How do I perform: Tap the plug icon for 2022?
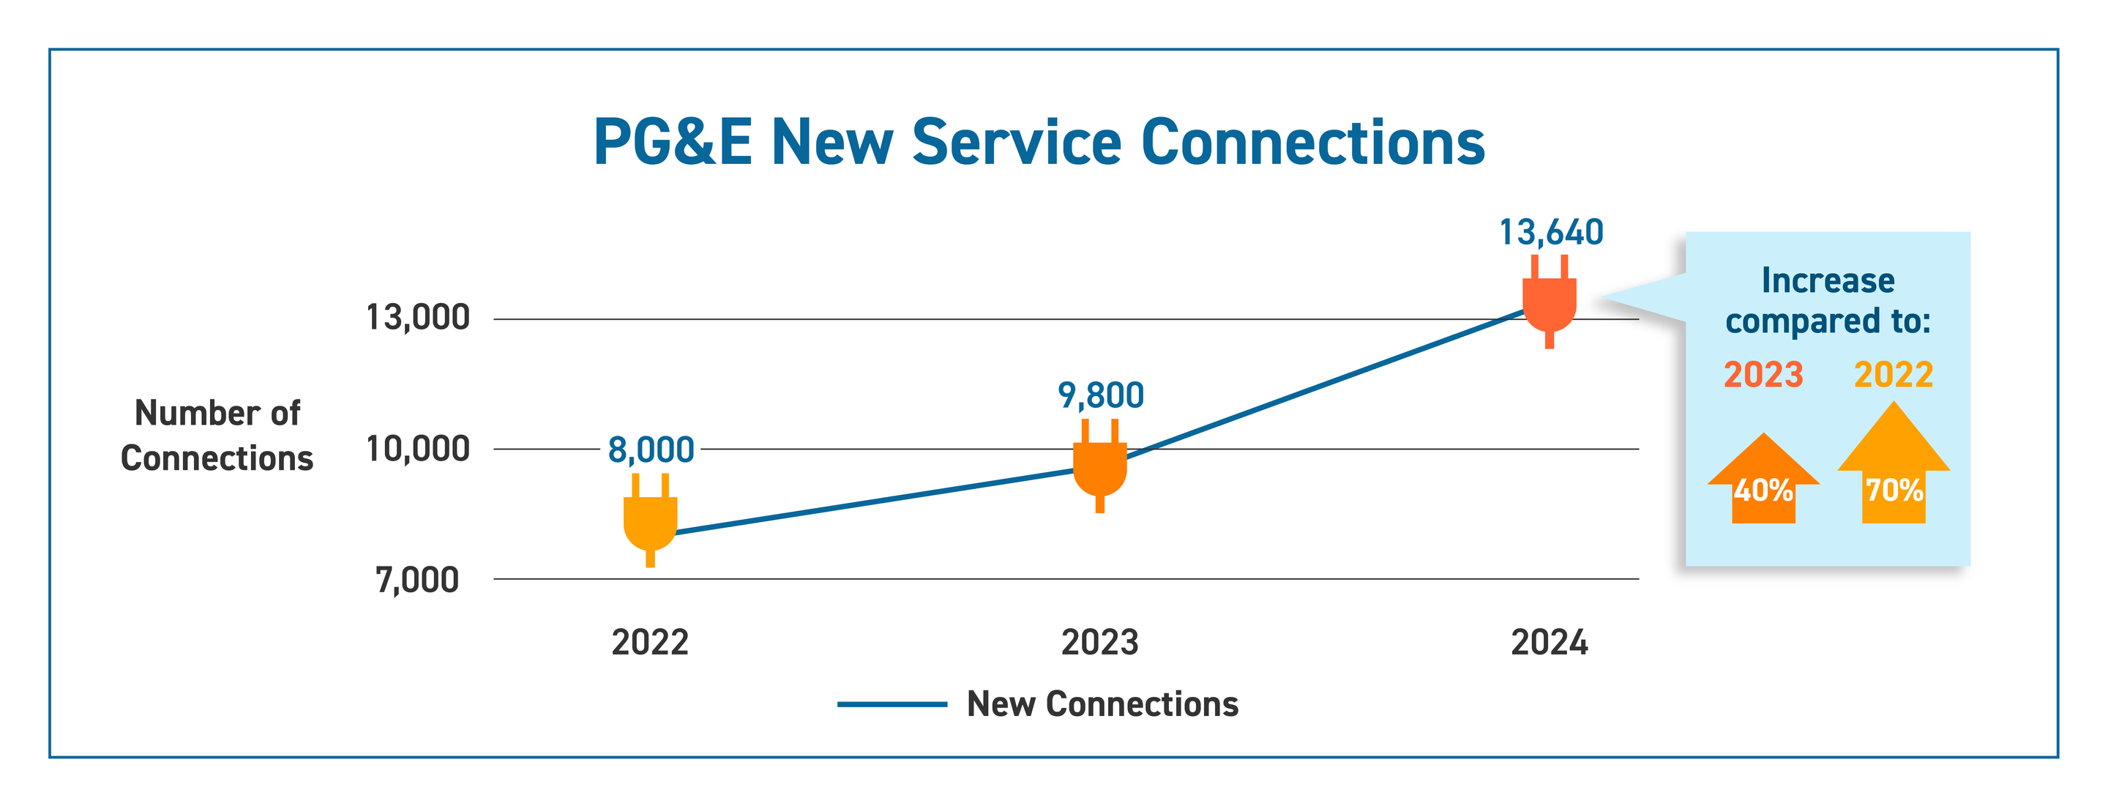click(x=651, y=520)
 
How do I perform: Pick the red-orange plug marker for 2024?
click(x=1549, y=302)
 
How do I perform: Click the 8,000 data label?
click(x=651, y=450)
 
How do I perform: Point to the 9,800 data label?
click(x=1101, y=396)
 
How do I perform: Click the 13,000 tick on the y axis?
click(x=417, y=318)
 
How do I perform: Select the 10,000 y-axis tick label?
click(x=417, y=449)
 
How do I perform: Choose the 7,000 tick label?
click(x=417, y=580)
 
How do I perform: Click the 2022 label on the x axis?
click(x=650, y=642)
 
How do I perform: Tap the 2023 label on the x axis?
click(x=1100, y=642)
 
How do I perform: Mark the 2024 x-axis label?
click(x=1549, y=642)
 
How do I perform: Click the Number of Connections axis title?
click(x=217, y=436)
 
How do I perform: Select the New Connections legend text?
click(x=1102, y=704)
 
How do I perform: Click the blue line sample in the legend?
click(x=892, y=704)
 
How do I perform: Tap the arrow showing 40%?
click(x=1763, y=482)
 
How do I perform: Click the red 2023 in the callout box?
click(x=1763, y=376)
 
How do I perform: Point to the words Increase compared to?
click(x=1828, y=300)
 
